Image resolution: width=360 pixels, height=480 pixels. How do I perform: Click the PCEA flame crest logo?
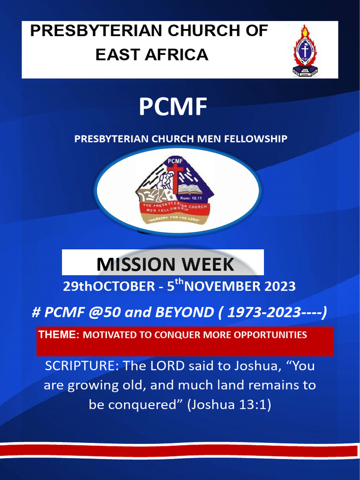coord(305,51)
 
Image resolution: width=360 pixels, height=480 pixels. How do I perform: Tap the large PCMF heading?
coord(172,107)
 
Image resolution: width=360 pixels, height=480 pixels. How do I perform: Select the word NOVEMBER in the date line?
coord(218,286)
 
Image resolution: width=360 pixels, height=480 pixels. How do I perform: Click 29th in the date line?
coord(77,286)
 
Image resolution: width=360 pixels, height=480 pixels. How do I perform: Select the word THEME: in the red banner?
coord(59,335)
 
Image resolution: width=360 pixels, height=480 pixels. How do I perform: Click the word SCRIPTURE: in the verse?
coord(82,366)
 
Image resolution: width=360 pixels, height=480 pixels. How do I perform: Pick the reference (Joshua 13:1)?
coord(229,405)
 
